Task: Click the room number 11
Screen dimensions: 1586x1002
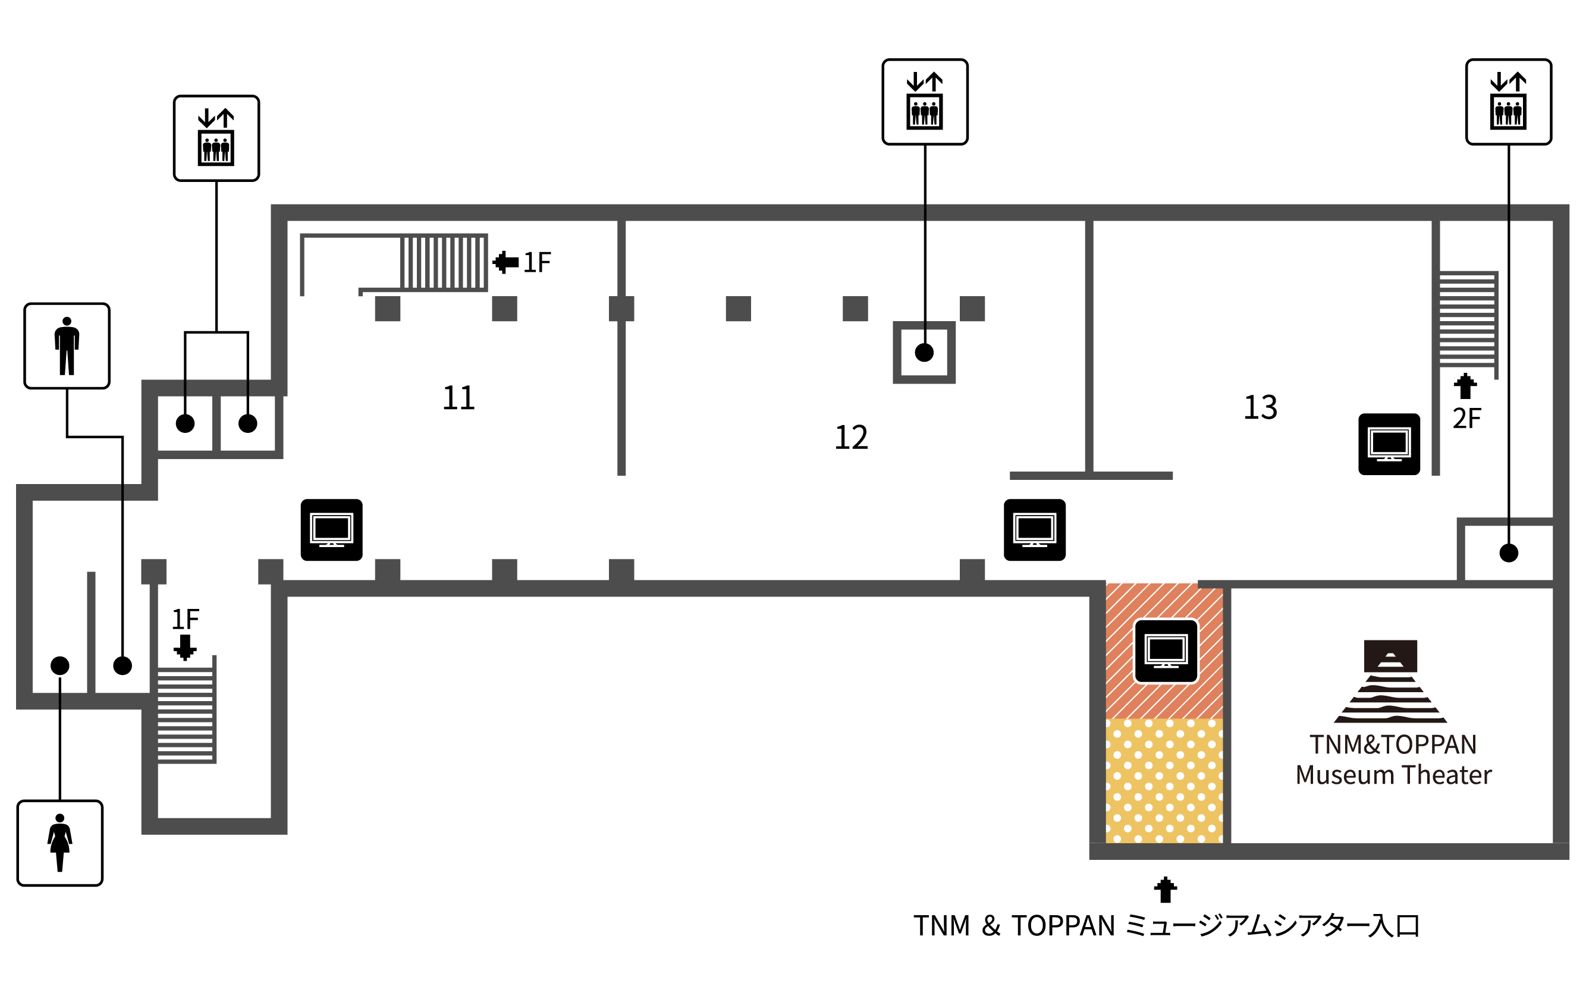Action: click(458, 398)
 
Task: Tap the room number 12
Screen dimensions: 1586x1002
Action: click(851, 438)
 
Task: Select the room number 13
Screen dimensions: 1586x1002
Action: click(1260, 407)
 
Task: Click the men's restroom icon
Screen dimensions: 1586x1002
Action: click(67, 346)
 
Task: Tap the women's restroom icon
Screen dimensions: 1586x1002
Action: click(60, 843)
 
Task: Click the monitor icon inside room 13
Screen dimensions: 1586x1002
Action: click(1389, 444)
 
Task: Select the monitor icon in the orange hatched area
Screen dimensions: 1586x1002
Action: click(1166, 651)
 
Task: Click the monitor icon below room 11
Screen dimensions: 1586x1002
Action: click(331, 530)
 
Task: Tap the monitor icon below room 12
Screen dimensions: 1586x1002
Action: click(1034, 530)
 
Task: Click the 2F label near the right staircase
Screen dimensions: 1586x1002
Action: click(1467, 418)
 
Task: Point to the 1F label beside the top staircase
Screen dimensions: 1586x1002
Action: click(537, 262)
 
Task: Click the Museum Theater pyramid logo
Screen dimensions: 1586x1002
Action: click(1390, 681)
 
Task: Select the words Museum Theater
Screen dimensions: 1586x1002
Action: click(1393, 775)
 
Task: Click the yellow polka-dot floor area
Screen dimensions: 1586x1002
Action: click(1164, 781)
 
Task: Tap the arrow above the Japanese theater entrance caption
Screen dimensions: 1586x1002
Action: click(1165, 890)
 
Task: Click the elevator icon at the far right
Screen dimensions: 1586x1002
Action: click(1508, 102)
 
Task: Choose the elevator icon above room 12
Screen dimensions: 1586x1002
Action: click(925, 102)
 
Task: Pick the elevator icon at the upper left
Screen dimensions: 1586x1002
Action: click(216, 139)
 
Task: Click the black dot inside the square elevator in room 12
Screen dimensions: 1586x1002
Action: click(924, 353)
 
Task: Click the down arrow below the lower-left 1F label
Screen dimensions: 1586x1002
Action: click(185, 647)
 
